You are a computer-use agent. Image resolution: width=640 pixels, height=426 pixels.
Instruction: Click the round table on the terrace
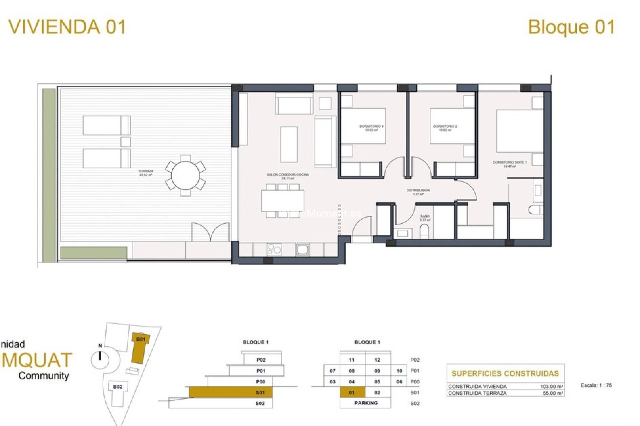[x=185, y=175]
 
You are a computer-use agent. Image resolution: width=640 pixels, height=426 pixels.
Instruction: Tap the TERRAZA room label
[x=146, y=172]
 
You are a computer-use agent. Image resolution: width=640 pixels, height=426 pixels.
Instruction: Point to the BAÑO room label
[x=425, y=218]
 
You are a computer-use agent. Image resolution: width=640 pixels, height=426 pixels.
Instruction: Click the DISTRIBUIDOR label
[x=418, y=192]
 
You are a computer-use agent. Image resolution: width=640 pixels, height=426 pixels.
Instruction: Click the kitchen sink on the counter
[x=303, y=249]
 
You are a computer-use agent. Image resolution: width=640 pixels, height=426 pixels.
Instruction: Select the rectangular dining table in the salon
[x=282, y=200]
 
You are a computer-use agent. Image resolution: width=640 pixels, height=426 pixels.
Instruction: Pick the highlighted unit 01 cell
[x=352, y=392]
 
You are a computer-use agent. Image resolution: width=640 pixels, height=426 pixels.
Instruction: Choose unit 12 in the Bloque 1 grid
[x=377, y=360]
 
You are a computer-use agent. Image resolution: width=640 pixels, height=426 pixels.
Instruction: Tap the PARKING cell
[x=366, y=403]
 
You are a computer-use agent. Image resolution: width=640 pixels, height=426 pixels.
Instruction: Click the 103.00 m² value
[x=551, y=386]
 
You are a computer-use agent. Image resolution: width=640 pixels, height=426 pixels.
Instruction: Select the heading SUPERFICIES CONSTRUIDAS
[x=505, y=373]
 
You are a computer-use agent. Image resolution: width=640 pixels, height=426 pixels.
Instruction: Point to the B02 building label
[x=118, y=387]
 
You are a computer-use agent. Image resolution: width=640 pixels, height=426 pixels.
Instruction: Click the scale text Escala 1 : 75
[x=596, y=385]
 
